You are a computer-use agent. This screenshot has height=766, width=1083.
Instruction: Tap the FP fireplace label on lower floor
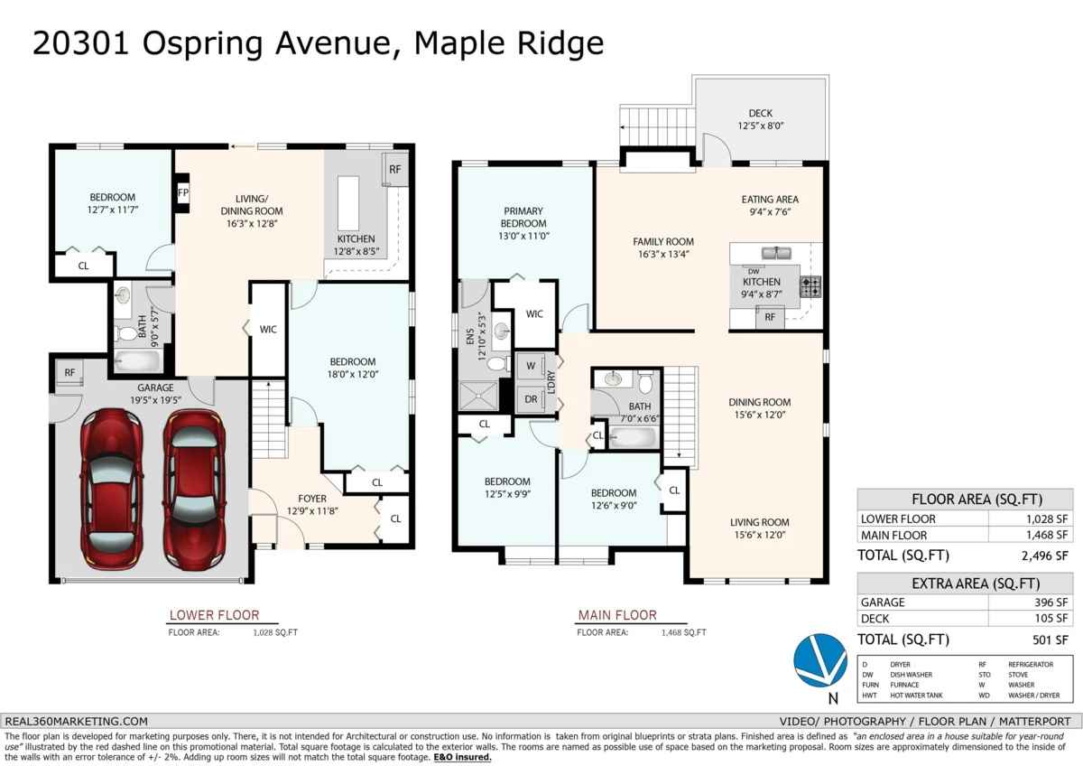182,192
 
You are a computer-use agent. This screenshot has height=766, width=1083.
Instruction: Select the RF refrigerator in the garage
69,372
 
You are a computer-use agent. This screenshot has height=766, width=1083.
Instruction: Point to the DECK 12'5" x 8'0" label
760,119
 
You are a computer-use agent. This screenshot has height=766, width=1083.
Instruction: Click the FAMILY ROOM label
662,248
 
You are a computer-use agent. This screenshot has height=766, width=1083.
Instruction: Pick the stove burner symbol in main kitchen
810,287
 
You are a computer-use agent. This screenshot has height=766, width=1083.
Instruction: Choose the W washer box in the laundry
529,366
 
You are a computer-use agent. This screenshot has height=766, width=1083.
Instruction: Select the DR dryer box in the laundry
530,399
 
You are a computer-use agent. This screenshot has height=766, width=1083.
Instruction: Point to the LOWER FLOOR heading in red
214,616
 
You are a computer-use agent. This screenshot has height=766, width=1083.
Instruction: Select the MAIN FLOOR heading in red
616,616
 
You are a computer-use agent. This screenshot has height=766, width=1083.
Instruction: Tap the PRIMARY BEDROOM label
524,217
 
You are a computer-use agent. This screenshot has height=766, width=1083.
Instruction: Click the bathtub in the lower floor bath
138,361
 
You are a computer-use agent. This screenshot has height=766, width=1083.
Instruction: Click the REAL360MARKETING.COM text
77,721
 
